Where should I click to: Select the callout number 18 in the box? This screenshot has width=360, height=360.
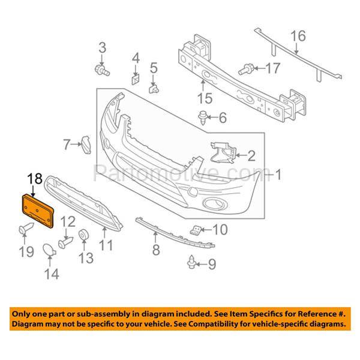point(35,178)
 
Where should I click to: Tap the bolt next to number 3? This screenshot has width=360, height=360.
point(102,70)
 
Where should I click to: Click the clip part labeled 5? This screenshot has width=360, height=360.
point(153,88)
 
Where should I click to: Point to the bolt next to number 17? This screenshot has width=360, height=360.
point(247,70)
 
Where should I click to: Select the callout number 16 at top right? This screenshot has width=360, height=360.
point(298,35)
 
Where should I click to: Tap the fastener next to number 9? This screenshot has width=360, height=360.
point(192,263)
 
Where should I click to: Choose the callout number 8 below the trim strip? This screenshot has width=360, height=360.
point(155,250)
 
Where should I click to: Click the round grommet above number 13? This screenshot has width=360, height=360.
point(84,233)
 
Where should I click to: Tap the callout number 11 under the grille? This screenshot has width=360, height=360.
point(106,245)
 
